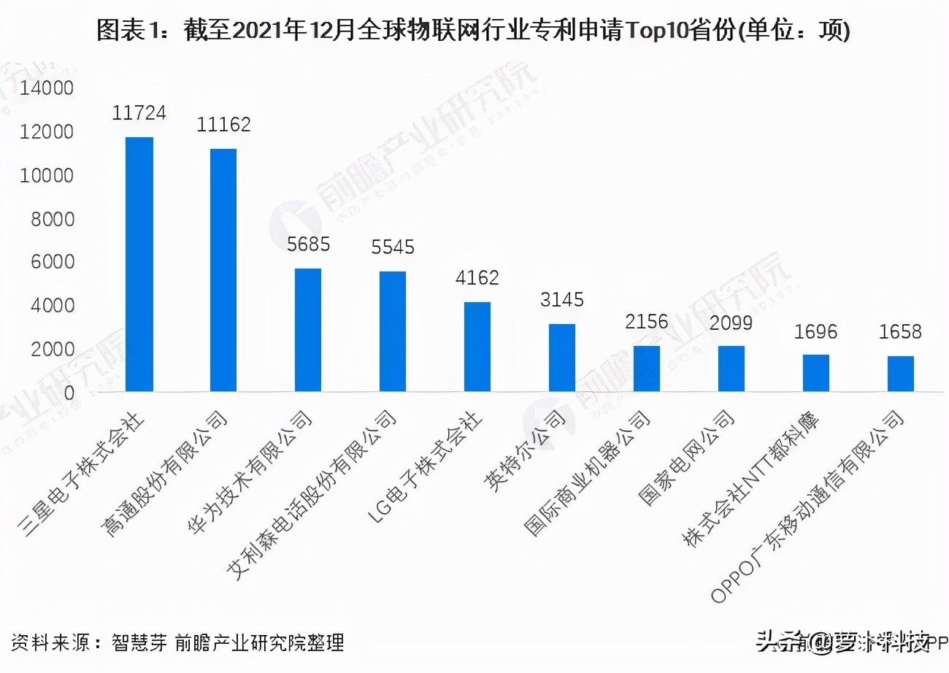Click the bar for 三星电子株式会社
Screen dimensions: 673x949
click(139, 264)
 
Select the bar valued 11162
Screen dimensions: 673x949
click(223, 270)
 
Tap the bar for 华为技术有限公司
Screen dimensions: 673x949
click(308, 330)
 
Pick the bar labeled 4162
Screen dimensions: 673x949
click(477, 347)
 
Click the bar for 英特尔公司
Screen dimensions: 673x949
click(562, 358)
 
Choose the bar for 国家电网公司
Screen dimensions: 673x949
click(731, 369)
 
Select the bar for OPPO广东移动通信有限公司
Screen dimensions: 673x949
click(901, 374)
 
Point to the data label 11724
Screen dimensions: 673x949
click(139, 113)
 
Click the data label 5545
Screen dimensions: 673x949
click(393, 247)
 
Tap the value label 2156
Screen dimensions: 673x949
click(647, 322)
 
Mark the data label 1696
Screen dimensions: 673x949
click(816, 332)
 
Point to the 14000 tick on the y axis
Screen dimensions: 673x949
click(47, 89)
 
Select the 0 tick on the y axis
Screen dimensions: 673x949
click(69, 393)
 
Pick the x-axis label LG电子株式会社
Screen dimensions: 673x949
click(423, 467)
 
